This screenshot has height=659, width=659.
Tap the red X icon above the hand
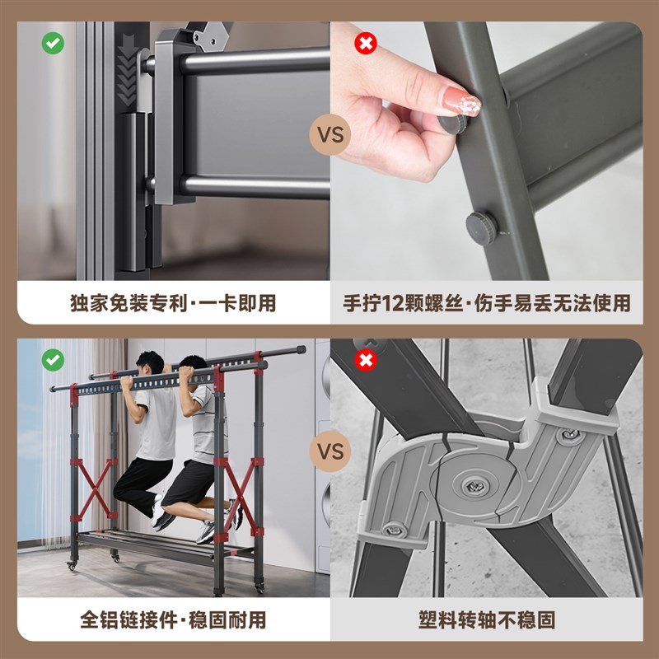[x=365, y=44]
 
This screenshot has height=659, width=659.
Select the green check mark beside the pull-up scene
[x=53, y=360]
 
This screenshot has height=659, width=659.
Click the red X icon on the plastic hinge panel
[x=365, y=360]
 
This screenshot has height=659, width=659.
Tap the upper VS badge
[x=329, y=134]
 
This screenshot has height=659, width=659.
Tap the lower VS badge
[x=329, y=451]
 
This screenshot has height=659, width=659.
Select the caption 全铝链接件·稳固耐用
[x=172, y=619]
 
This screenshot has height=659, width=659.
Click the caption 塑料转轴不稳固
[x=486, y=619]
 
